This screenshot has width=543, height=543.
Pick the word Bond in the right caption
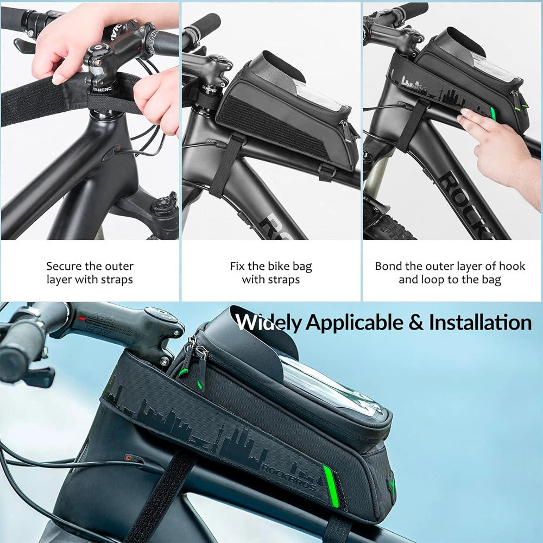tap(387, 266)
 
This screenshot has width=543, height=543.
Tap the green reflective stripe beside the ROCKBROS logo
tap(331, 486)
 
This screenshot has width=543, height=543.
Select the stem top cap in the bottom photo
tap(159, 315)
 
